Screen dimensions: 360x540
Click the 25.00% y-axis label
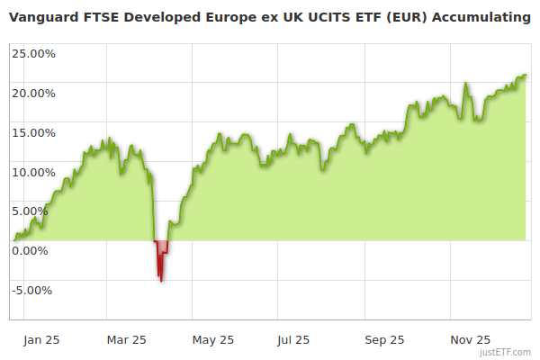(33, 53)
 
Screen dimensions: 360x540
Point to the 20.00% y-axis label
(33, 93)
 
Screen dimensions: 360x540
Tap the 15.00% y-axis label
(33, 132)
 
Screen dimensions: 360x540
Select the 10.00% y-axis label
(33, 172)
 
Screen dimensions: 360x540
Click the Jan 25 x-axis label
(41, 340)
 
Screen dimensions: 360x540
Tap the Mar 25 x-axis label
(126, 340)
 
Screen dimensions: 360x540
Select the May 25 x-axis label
(213, 340)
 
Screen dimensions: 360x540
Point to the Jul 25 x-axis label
(294, 340)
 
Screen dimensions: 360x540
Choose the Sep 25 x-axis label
(384, 340)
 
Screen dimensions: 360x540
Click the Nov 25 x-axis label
(470, 340)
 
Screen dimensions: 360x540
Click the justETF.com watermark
(507, 353)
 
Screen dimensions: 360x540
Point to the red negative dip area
(161, 256)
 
